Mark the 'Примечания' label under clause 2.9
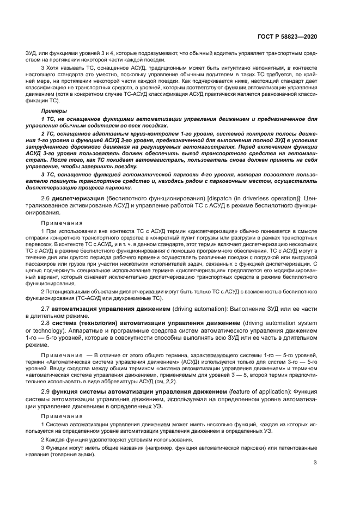click(x=58, y=414)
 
